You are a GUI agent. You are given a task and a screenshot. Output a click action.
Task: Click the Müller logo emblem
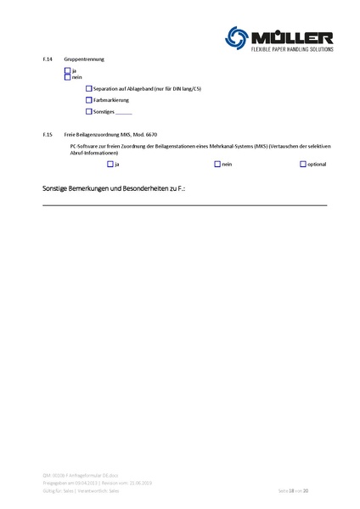[x=238, y=37]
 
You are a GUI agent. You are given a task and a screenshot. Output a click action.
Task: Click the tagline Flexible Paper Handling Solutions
[x=291, y=50]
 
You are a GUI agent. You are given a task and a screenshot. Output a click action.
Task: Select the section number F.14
[x=47, y=59]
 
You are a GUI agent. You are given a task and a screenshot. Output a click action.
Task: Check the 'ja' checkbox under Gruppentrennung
[x=68, y=71]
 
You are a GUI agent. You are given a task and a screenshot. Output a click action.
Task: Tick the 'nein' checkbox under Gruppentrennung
[x=68, y=77]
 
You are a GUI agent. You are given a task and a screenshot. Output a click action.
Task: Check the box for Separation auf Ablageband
[x=89, y=88]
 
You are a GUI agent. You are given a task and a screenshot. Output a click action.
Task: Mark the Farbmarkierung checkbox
[x=89, y=100]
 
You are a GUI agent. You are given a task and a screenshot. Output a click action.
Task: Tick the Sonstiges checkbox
[x=89, y=111]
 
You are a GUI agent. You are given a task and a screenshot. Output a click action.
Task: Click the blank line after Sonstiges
[x=123, y=112]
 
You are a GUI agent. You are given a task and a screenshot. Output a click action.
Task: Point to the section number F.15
[x=47, y=135]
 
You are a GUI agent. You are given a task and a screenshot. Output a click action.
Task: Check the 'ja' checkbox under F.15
[x=110, y=164]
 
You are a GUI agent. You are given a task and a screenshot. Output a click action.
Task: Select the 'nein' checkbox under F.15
[x=217, y=164]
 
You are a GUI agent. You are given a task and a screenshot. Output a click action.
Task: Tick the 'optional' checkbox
[x=303, y=164]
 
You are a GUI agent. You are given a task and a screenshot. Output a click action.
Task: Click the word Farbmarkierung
[x=110, y=100]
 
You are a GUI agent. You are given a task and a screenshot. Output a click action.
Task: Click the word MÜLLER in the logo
[x=291, y=36]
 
